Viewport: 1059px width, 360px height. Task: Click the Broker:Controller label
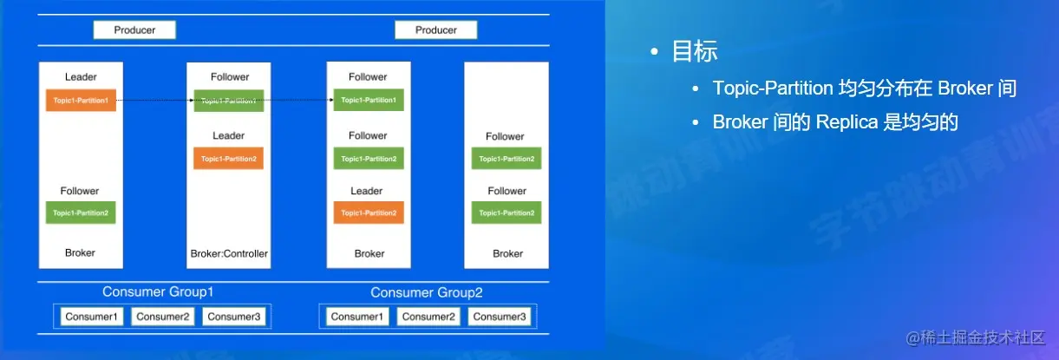coord(229,253)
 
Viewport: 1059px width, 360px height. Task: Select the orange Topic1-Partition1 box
coord(81,101)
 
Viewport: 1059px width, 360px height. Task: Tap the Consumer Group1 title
coord(158,292)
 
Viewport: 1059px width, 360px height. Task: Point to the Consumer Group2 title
coord(426,292)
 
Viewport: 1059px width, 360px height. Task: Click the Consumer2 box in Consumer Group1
coord(163,317)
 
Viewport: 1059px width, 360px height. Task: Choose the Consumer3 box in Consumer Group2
coord(500,317)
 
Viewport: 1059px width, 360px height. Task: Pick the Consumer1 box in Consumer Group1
coord(93,317)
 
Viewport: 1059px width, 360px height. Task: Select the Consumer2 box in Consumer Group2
coord(428,317)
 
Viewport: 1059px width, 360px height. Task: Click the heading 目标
coord(695,51)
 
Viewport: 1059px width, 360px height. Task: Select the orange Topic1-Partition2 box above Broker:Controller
coord(228,159)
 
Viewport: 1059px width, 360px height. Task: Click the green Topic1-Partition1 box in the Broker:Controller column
coord(228,101)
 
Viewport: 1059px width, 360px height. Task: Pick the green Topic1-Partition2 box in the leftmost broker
coord(81,213)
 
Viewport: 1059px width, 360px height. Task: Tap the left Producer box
coord(134,30)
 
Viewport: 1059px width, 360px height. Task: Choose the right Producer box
coord(435,30)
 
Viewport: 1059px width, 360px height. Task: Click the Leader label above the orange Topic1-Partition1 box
coord(81,77)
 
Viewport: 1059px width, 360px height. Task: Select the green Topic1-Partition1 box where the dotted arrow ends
coord(369,101)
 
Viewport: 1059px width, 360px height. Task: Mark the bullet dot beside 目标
coord(656,52)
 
